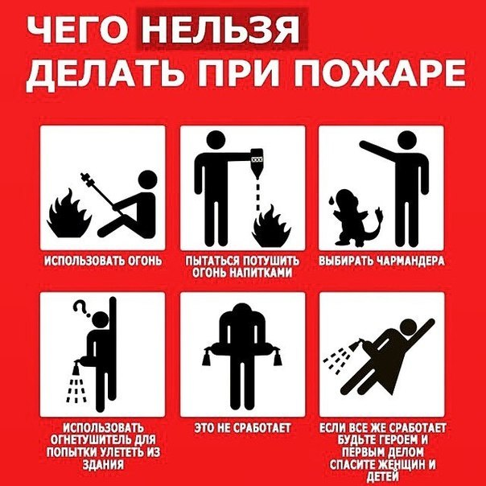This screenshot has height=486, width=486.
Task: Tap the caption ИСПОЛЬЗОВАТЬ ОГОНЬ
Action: point(103,262)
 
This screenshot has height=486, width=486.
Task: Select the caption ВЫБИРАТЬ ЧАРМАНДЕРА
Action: point(382,262)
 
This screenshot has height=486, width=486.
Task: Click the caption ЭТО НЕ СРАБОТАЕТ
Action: point(242,427)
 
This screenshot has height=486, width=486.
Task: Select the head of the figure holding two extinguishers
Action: point(242,315)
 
